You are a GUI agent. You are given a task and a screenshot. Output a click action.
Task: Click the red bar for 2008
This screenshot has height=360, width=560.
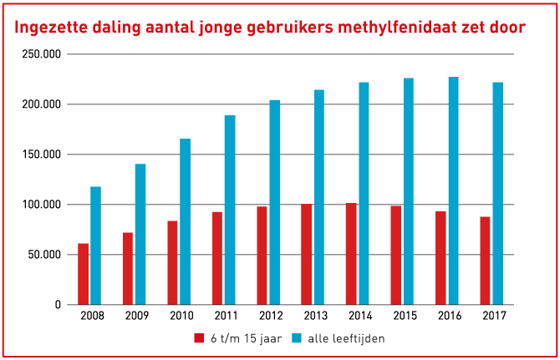84,274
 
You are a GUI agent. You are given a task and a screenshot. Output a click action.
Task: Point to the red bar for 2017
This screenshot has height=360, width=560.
485,261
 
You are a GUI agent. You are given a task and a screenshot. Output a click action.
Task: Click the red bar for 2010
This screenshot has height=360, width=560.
172,262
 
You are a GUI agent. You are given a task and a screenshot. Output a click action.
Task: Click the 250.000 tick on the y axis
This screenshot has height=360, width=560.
45,54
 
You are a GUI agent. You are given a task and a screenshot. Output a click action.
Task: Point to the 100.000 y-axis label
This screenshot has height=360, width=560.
45,205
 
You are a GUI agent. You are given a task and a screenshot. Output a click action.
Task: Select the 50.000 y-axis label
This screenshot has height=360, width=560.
48,255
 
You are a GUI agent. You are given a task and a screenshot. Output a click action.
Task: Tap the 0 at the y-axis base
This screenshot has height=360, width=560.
58,305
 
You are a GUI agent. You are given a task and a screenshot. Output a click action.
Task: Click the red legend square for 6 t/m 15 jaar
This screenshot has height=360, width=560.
199,338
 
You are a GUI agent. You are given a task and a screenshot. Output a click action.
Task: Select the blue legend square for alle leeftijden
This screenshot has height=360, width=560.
298,338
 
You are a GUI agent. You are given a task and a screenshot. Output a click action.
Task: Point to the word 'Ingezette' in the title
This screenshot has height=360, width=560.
53,28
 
